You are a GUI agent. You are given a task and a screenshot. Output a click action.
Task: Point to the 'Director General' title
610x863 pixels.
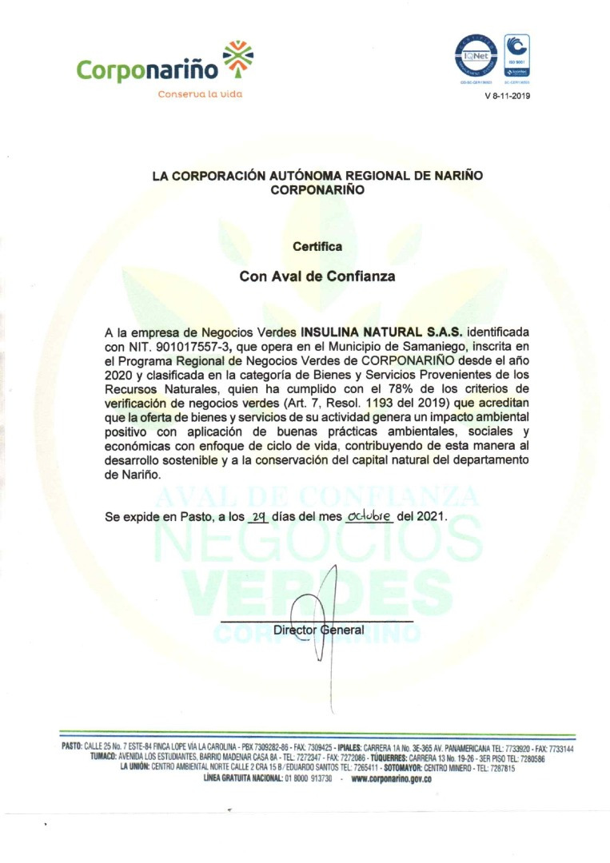point(318,630)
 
